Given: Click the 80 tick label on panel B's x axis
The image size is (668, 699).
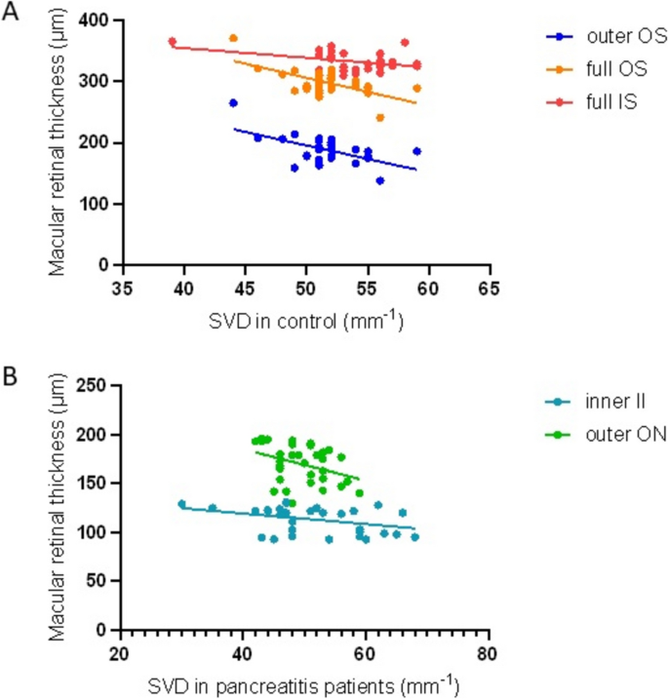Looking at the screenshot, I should pos(489,654).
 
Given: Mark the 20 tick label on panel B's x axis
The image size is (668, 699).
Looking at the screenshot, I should pos(120,654).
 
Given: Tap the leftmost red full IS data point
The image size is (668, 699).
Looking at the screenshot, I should pos(172,42).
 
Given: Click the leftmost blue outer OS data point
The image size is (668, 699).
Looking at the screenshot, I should pos(233,102).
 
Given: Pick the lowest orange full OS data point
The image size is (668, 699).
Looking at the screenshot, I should pos(380,118).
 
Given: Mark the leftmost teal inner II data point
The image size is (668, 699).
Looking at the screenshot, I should pos(181,504).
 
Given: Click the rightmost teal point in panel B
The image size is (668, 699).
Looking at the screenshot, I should pos(414,536).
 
